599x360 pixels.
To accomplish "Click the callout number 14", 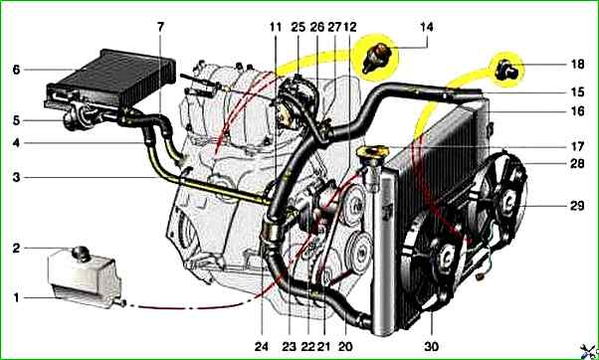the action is coord(426,27).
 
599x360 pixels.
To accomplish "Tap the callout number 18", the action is coord(577,64).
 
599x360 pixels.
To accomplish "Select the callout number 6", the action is coord(16,70).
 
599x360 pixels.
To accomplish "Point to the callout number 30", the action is coord(431,346).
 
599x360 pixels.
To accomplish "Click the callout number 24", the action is coord(262,346).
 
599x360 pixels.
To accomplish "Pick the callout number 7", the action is coord(160,27).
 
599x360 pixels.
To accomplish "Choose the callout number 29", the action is coord(577,206).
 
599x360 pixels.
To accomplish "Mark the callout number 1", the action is coord(16,297).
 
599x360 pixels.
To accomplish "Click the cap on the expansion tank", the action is coord(81,254).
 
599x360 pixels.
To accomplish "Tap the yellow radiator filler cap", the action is coord(372,152).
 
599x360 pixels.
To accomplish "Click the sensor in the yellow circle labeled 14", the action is coord(377,58).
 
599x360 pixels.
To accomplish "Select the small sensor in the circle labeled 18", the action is coord(506,71).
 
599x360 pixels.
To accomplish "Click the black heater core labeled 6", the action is coord(110,79).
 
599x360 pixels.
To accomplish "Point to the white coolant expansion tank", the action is coord(84,276).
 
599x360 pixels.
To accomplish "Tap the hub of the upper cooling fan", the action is coord(509,201).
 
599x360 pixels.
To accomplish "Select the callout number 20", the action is coord(345,346).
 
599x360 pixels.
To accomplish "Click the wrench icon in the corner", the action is coord(589,351).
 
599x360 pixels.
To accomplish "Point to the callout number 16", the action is coord(577,111).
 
